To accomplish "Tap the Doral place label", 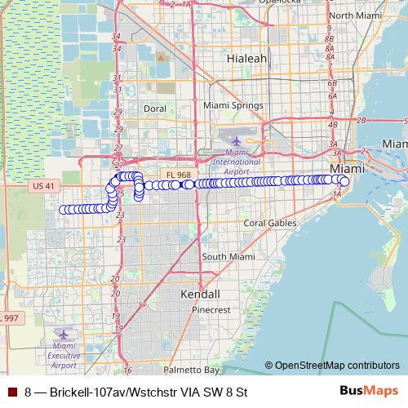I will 154,108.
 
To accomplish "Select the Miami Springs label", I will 233,106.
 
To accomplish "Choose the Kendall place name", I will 200,293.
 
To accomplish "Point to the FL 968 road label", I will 176,174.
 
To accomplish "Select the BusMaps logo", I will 370,391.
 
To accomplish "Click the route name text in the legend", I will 135,392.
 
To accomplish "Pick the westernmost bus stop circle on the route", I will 62,209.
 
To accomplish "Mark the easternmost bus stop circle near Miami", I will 345,181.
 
